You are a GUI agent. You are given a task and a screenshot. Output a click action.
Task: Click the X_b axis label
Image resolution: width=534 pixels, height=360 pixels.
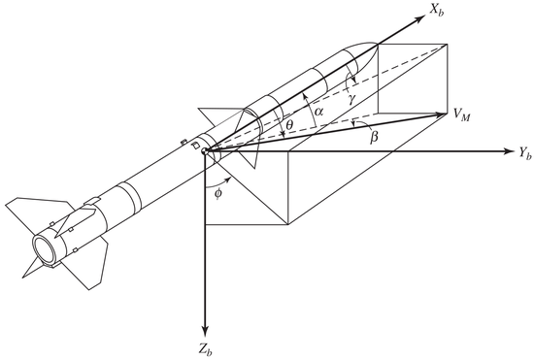tap(436, 11)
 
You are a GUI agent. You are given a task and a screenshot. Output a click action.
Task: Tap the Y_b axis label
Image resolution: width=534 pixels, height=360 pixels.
tap(525, 153)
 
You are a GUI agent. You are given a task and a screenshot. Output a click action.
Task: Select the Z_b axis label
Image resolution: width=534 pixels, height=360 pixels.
tap(207, 349)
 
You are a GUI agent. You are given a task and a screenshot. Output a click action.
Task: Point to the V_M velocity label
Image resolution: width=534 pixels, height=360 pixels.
tap(461, 115)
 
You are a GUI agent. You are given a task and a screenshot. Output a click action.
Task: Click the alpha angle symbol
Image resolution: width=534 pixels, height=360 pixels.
tap(318, 112)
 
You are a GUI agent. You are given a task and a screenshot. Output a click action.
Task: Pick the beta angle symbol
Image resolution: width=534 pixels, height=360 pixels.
tap(374, 137)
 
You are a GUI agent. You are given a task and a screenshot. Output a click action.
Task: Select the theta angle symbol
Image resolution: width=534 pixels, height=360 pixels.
tap(289, 125)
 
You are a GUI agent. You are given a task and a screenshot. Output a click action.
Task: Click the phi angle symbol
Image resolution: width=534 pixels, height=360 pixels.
tap(218, 193)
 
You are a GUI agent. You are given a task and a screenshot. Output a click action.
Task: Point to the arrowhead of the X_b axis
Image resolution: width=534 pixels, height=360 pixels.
tap(421, 18)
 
